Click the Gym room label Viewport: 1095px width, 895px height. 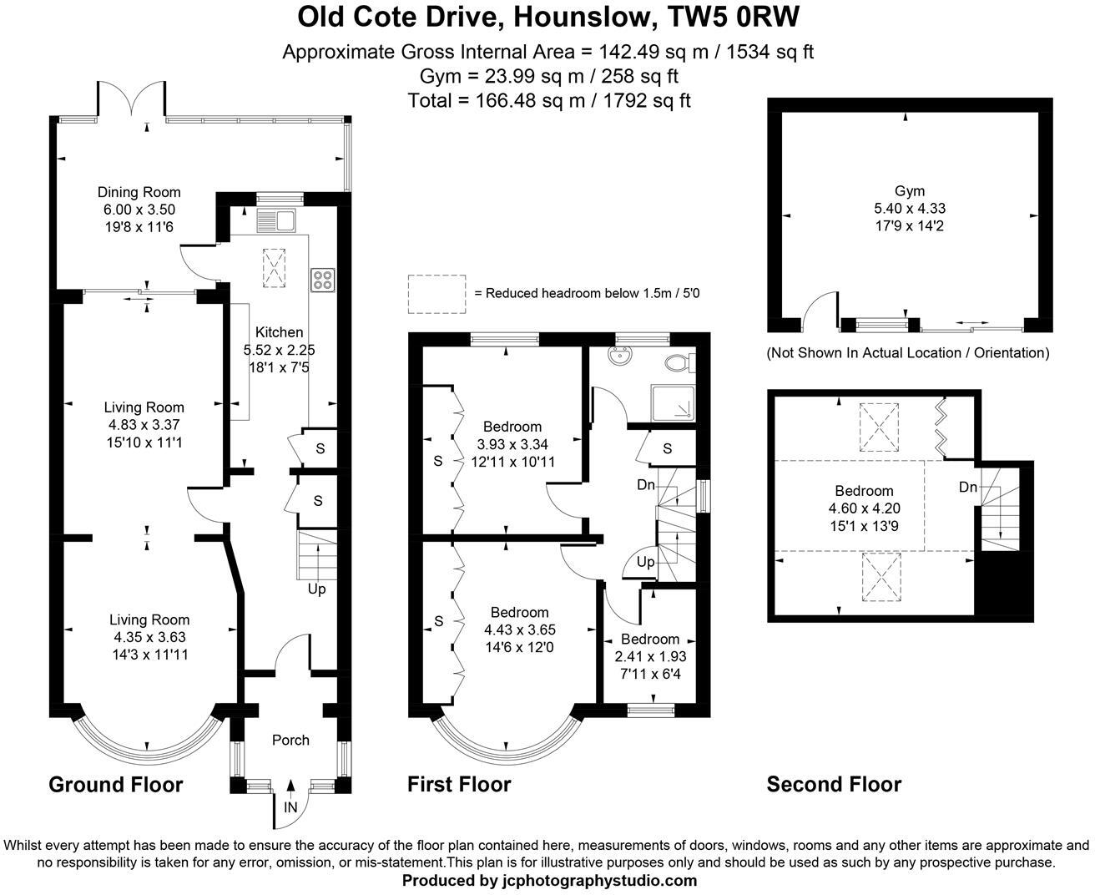(909, 190)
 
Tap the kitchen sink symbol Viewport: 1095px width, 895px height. (275, 220)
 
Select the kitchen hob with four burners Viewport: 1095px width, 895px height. (322, 280)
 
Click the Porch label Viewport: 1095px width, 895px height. (290, 740)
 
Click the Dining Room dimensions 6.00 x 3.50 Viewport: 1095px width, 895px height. (139, 210)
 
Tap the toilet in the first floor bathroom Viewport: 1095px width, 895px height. (679, 362)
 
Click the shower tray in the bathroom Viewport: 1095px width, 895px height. (673, 402)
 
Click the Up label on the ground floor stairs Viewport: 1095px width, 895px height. (317, 589)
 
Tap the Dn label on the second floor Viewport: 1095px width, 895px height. (967, 488)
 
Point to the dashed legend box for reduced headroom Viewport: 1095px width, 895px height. (436, 294)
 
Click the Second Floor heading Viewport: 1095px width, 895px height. (834, 785)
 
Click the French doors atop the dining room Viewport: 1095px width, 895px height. (134, 99)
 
